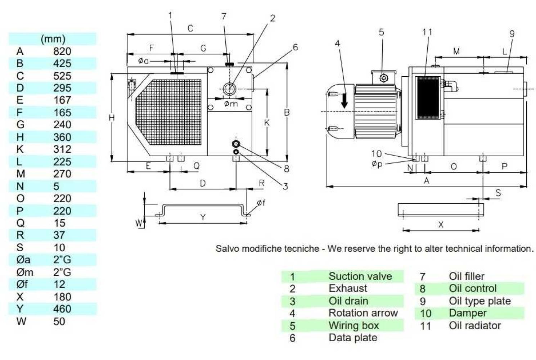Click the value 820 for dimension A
tap(62, 51)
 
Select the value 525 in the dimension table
tap(62, 76)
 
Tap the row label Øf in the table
tap(22, 284)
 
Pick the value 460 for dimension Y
tap(62, 309)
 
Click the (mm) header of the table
tap(53, 39)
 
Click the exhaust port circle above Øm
tap(229, 88)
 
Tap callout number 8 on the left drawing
tap(286, 168)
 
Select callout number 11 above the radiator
tap(427, 32)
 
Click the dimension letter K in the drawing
tap(267, 123)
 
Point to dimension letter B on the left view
tap(287, 112)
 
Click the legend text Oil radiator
tap(474, 325)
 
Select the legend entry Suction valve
tap(360, 276)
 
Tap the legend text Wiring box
tap(353, 325)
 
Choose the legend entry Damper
tap(467, 313)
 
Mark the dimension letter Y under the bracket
tap(203, 217)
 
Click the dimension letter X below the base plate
tap(441, 225)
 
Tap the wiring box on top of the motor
tap(384, 77)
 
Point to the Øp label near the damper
tap(377, 164)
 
